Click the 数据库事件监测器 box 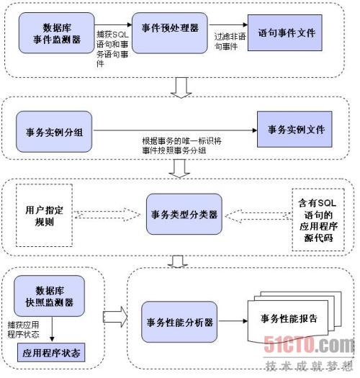click(x=56, y=33)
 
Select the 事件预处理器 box click(x=170, y=33)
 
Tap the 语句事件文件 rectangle click(x=285, y=33)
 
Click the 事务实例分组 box click(x=54, y=132)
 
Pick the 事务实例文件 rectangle click(x=294, y=129)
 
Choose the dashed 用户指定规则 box click(x=44, y=215)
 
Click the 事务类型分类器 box click(x=184, y=214)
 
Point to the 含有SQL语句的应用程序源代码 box click(x=318, y=220)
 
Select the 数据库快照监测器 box click(x=49, y=296)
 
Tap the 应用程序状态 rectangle click(x=51, y=353)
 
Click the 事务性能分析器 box click(x=179, y=322)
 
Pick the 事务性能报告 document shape click(x=294, y=318)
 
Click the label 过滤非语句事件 click(x=230, y=42)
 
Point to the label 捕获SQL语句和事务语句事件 click(x=112, y=49)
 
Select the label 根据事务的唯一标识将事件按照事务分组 click(x=182, y=145)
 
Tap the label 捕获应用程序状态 click(x=23, y=330)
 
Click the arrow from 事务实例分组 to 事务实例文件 click(x=175, y=130)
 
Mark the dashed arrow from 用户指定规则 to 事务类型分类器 click(x=107, y=215)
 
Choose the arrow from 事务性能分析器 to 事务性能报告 click(x=233, y=321)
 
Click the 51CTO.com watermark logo click(x=309, y=344)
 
